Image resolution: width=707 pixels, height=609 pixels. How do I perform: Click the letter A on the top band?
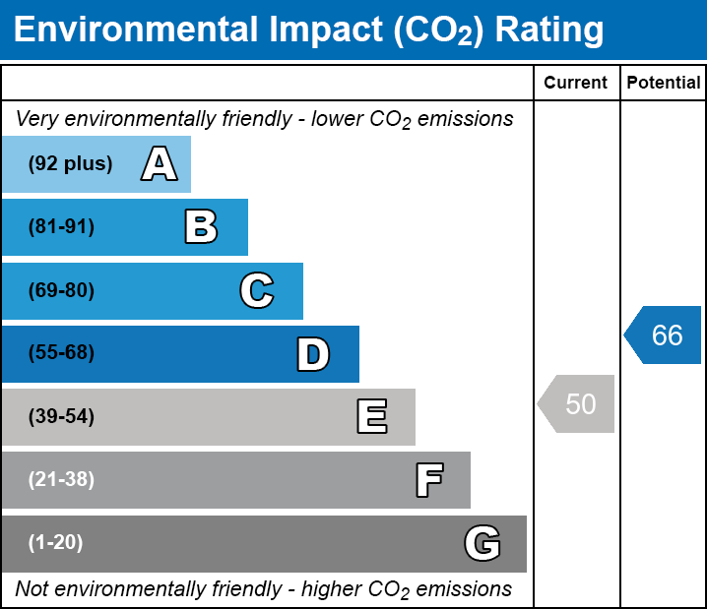click(159, 164)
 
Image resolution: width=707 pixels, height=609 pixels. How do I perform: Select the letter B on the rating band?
click(201, 227)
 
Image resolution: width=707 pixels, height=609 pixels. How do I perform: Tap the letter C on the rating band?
click(257, 290)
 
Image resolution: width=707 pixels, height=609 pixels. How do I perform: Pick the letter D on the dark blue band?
click(313, 354)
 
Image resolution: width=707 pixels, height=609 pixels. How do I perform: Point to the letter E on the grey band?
click(371, 417)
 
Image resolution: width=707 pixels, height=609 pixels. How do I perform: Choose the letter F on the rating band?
click(428, 480)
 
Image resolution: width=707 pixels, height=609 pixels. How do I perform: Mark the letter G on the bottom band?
click(482, 543)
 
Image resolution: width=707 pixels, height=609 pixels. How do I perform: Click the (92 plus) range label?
click(70, 164)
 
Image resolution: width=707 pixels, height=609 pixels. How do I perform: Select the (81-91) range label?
click(61, 227)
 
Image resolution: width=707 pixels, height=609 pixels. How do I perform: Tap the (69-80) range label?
click(61, 290)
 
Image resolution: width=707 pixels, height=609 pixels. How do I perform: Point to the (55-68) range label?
click(61, 353)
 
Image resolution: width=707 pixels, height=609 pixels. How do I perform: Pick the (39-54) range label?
click(61, 417)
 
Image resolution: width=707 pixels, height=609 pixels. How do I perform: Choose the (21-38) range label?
click(61, 480)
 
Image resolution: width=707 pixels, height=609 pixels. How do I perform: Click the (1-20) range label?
click(55, 543)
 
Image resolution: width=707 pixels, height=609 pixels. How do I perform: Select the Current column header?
click(576, 84)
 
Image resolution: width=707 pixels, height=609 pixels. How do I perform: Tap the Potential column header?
click(664, 84)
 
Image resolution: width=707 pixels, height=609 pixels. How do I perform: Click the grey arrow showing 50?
click(577, 403)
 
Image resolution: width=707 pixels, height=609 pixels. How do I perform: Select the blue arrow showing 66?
click(664, 335)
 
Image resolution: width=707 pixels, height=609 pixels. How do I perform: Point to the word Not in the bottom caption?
click(32, 589)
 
